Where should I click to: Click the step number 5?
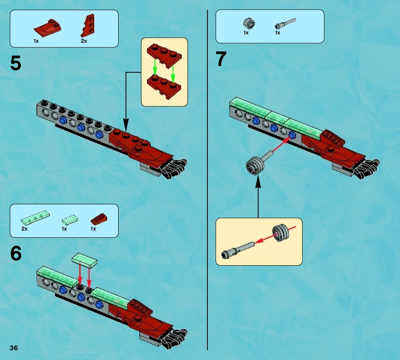tap(16, 64)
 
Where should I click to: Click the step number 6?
tap(16, 253)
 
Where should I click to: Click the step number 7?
tap(221, 59)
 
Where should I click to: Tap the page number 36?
tap(14, 348)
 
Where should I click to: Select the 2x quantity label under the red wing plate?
tap(84, 41)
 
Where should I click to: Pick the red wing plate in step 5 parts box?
tap(88, 26)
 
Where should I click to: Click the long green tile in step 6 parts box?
tap(35, 218)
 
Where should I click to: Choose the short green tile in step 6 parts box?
tap(70, 219)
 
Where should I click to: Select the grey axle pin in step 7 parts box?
tap(286, 23)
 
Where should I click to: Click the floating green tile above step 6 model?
tap(84, 259)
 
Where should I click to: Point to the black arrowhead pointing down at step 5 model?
tap(125, 124)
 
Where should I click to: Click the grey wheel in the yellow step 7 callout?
tap(281, 232)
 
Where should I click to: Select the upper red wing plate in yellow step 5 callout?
tap(164, 54)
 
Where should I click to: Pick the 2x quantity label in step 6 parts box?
tap(24, 229)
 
